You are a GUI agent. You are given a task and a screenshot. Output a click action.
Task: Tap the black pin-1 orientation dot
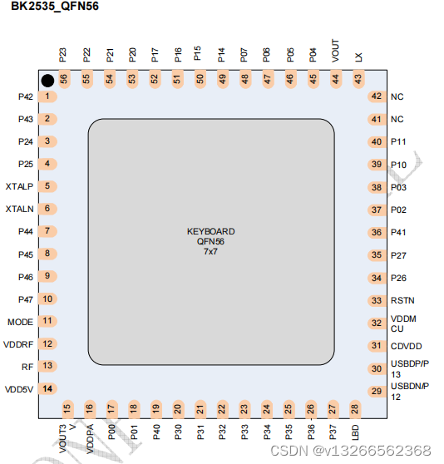(48, 80)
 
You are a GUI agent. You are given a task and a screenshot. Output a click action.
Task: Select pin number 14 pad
(48, 388)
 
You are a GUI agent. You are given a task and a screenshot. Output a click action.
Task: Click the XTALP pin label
(19, 186)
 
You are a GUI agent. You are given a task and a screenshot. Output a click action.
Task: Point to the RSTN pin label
(402, 300)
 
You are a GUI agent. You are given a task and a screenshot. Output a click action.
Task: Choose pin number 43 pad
(358, 78)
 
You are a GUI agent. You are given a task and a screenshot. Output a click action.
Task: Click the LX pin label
(358, 57)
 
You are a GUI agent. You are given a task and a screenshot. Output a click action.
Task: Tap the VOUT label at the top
(336, 52)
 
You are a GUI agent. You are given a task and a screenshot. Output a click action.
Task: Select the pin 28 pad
(355, 408)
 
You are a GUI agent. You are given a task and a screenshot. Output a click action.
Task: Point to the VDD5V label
(18, 388)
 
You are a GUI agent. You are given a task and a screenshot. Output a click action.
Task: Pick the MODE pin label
(20, 321)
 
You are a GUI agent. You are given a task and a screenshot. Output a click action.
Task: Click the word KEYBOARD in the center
(210, 231)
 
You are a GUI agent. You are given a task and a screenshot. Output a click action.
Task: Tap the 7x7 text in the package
(210, 251)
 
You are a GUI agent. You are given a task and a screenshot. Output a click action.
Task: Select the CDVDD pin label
(407, 346)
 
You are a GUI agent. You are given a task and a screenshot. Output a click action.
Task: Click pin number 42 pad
(377, 96)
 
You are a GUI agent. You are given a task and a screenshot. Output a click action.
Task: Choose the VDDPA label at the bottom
(89, 436)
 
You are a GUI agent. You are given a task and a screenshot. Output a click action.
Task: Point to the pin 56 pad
(63, 78)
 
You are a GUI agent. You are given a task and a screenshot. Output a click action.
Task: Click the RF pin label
(27, 366)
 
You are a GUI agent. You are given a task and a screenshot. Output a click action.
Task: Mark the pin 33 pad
(377, 300)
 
